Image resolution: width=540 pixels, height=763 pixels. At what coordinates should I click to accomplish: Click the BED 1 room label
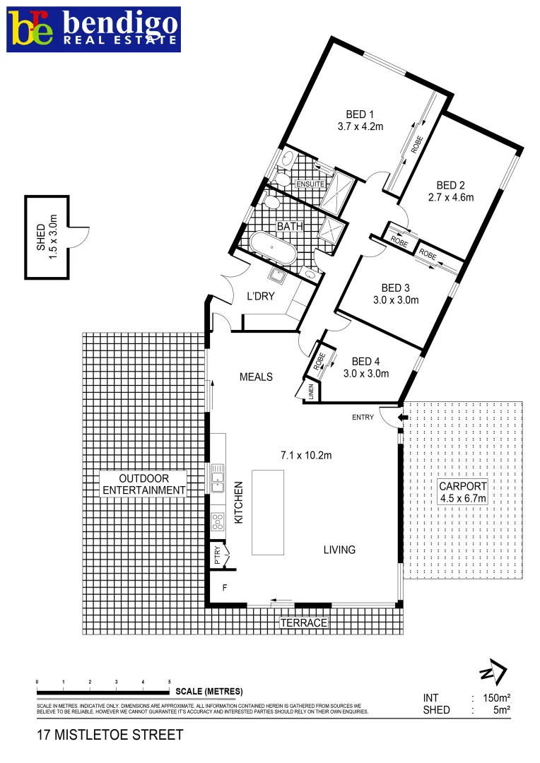point(360,114)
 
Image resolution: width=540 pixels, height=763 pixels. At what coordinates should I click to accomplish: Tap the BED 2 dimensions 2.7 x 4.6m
point(450,198)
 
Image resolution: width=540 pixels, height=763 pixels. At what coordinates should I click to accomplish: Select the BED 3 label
point(395,288)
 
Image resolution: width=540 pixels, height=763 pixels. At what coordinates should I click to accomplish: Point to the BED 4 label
point(365,361)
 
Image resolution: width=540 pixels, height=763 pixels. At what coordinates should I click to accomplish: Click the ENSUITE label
point(310,184)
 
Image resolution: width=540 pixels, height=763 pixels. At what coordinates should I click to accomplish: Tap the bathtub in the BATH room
point(273,247)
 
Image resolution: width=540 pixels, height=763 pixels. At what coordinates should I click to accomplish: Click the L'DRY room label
point(260,297)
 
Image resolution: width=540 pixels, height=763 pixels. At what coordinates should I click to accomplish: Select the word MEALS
point(256,377)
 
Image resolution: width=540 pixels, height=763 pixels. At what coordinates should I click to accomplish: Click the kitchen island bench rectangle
point(267,511)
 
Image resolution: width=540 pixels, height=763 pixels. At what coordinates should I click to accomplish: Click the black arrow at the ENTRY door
point(402,418)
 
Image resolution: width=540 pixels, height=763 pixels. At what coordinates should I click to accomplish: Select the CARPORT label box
point(463,492)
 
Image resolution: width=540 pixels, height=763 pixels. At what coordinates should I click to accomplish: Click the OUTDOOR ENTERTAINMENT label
point(143,485)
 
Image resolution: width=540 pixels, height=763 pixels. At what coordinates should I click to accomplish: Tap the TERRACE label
point(304,623)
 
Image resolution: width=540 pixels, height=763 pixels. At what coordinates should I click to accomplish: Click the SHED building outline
point(48,237)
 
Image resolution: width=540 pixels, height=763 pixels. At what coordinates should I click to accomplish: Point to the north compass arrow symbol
point(493,671)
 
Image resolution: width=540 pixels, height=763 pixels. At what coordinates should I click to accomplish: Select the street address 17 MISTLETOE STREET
point(110,735)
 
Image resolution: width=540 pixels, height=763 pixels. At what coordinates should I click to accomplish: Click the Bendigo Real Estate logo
point(94,29)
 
